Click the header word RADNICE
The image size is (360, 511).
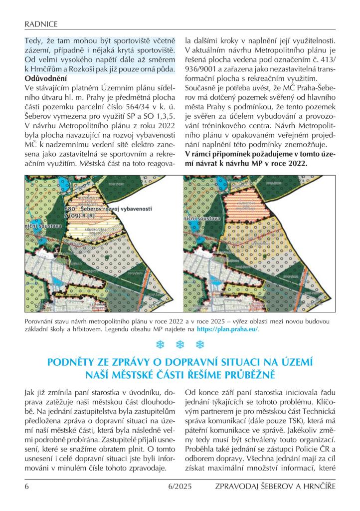click(x=41, y=23)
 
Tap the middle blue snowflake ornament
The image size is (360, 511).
click(x=180, y=345)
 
